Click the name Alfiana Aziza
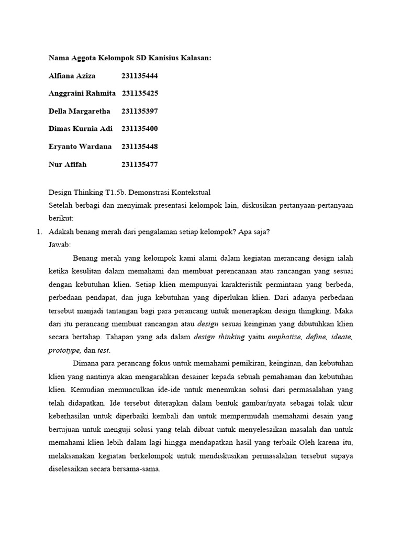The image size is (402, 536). [x=72, y=76]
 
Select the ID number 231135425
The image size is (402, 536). [x=140, y=94]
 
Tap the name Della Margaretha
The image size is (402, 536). [x=79, y=111]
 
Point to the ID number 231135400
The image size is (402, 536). [x=140, y=129]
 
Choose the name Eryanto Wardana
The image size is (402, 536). [x=80, y=147]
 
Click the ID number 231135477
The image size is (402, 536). [x=140, y=164]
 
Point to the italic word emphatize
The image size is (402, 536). [x=286, y=337]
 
